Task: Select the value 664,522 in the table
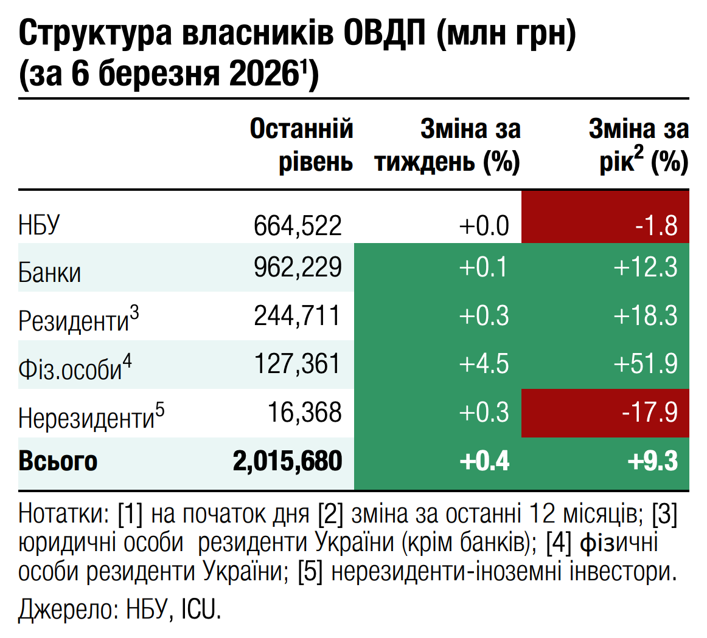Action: coord(298,225)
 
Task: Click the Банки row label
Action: coord(49,272)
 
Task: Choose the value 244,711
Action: coord(298,315)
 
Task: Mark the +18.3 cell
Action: coord(646,315)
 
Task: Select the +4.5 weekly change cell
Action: coord(484,364)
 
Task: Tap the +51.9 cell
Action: coord(646,364)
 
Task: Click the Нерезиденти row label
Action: coord(91,417)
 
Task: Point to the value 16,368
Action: coord(305,413)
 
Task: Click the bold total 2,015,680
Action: coord(287,461)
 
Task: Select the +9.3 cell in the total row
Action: coord(652,461)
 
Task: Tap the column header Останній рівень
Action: coord(302,146)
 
